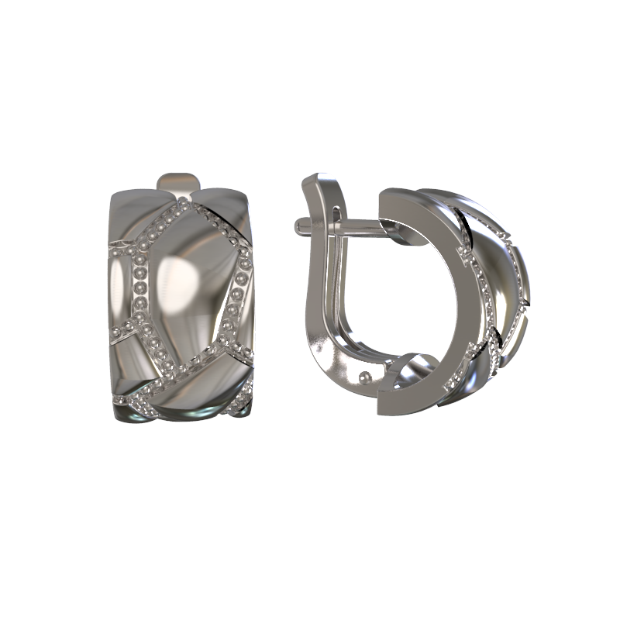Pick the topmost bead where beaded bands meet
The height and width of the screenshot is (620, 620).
point(183,203)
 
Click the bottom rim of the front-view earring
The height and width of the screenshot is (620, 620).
point(182,415)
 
